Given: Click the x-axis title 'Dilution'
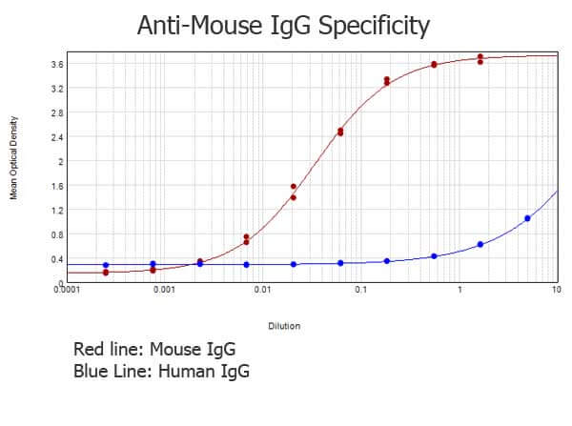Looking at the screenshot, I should click(284, 326).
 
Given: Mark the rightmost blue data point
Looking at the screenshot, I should click(527, 218).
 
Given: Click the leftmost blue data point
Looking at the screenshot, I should click(106, 265).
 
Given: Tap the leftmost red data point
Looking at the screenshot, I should click(106, 273).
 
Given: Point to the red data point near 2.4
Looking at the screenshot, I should click(340, 132).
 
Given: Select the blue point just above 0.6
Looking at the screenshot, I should click(480, 244).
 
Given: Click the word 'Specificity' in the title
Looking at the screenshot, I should click(373, 26).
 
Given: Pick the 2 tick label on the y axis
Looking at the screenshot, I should click(59, 162).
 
